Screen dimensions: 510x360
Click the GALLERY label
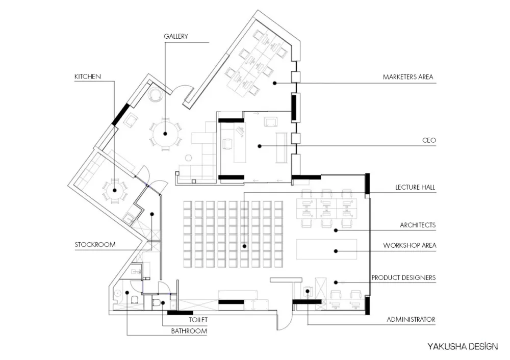175,36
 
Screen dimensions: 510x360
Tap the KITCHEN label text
88,77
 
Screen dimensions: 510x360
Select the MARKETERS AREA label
408,77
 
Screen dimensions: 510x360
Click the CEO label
429,141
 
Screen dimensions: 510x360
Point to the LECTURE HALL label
415,187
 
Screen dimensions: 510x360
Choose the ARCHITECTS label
418,225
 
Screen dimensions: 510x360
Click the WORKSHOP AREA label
410,246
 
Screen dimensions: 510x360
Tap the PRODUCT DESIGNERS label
403,278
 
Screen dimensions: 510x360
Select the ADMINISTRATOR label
411,320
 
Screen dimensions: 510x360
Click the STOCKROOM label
95,245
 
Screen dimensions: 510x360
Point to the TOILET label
198,320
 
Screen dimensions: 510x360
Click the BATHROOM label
189,331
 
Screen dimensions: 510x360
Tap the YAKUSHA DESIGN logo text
463,346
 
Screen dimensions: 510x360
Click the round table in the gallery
165,134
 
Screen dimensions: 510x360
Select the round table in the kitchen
114,191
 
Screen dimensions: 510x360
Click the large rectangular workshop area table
326,249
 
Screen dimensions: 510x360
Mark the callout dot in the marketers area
274,83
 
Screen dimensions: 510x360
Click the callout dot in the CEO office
260,146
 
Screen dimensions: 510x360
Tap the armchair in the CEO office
271,122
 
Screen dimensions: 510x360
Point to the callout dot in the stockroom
152,214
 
